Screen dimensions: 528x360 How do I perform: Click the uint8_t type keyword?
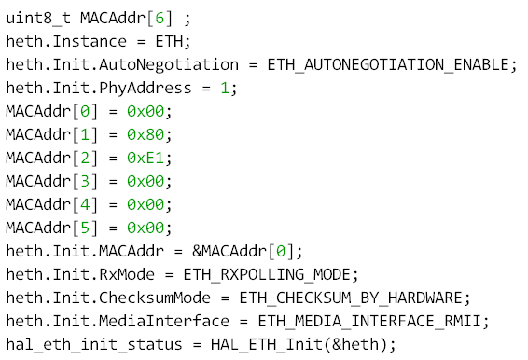[38, 18]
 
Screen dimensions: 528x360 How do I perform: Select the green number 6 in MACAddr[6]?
[160, 18]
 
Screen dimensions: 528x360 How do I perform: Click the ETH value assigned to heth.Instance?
[169, 41]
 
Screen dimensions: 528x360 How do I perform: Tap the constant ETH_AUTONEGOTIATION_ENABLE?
[388, 64]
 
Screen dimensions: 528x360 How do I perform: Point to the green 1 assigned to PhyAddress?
[225, 89]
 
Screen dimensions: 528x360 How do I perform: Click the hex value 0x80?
[146, 134]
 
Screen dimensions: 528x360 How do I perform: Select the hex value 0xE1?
[146, 158]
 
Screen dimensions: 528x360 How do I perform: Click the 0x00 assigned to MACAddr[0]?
[146, 112]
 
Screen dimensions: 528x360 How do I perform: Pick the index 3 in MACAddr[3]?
[85, 181]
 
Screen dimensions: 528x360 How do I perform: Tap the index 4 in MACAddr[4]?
[85, 204]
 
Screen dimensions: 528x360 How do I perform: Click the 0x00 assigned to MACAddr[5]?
[146, 228]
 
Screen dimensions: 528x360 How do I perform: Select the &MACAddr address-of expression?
[229, 251]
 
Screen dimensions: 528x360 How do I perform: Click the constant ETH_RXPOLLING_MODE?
[267, 275]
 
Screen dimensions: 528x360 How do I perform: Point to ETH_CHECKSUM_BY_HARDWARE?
[351, 298]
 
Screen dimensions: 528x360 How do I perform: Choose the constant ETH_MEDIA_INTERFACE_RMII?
[369, 321]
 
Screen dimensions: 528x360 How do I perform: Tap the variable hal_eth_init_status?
[94, 344]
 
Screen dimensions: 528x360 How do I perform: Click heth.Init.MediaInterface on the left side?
[118, 321]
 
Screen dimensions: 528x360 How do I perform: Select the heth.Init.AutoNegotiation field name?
[122, 64]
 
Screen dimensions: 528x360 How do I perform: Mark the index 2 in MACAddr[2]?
[85, 158]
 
